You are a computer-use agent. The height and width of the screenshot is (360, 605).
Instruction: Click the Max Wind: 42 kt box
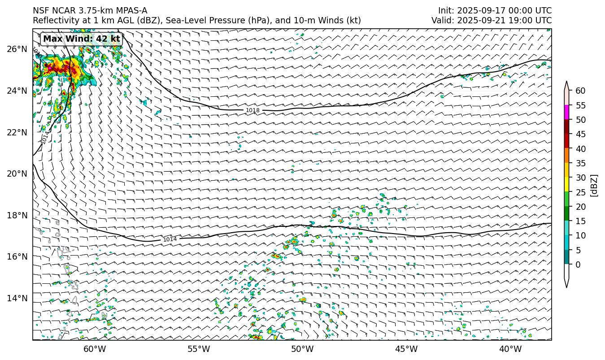tap(82, 39)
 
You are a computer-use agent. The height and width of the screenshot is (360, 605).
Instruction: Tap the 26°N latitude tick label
tap(17, 49)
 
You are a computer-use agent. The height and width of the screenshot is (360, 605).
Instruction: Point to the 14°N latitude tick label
tap(17, 298)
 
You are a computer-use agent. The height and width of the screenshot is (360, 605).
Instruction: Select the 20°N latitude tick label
tap(17, 174)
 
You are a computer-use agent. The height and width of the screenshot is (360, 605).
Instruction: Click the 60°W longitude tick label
tap(95, 349)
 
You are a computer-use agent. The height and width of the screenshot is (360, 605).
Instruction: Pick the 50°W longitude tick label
tap(302, 349)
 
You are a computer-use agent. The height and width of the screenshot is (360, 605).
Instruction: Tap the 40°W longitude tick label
tap(510, 349)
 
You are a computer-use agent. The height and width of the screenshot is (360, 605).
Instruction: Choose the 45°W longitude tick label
tap(406, 349)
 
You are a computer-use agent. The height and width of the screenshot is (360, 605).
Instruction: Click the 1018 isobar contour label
tap(252, 110)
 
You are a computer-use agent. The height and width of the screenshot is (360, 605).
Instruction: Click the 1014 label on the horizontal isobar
tap(170, 239)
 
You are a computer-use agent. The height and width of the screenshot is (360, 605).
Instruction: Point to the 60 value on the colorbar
tap(580, 91)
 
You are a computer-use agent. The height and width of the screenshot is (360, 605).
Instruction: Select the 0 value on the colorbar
tap(578, 265)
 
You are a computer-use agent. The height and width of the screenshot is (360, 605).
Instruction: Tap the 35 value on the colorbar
tap(580, 163)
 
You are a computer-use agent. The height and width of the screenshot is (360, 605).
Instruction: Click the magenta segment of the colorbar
tap(567, 113)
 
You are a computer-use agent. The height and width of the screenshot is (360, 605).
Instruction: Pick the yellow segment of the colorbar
tap(567, 185)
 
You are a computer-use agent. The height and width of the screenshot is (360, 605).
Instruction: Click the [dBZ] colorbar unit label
tap(594, 185)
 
